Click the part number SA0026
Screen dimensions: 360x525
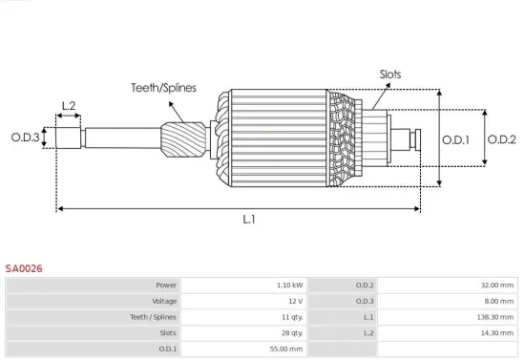(x=24, y=269)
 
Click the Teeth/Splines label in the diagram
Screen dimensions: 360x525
(x=163, y=88)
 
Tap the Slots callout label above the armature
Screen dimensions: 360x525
(x=390, y=74)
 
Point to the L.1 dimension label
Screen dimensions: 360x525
(x=249, y=220)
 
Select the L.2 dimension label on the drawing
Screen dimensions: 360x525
(x=69, y=106)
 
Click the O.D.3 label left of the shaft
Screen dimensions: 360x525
(x=26, y=138)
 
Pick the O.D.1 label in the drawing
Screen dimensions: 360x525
(x=456, y=140)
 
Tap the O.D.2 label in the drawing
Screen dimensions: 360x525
(x=501, y=140)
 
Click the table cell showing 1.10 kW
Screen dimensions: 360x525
(x=290, y=286)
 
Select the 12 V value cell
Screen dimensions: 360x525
(x=295, y=301)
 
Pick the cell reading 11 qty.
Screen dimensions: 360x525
(x=291, y=317)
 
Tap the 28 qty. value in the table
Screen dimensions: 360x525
(x=291, y=333)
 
